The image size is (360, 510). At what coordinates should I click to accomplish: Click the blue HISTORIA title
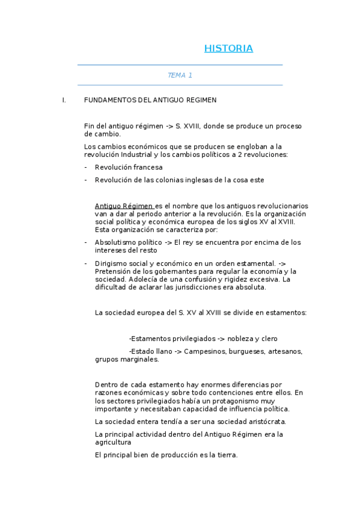228,49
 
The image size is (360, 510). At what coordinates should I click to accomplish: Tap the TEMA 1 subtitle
180,75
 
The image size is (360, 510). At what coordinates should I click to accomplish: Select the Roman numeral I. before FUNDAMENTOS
64,100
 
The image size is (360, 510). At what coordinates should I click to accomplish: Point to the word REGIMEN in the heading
202,100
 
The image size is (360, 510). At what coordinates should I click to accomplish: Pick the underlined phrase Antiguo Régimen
124,205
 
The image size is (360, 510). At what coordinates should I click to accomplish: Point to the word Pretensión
114,271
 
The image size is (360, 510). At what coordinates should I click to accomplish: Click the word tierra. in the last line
227,455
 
